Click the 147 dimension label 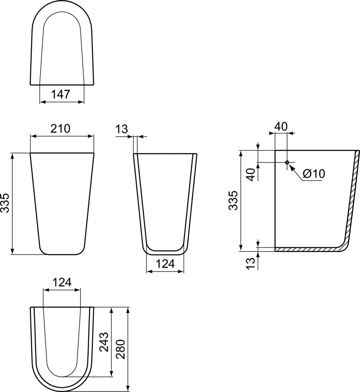click(x=62, y=94)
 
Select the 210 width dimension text click(x=62, y=129)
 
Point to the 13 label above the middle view click(x=121, y=129)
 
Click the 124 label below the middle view click(x=165, y=263)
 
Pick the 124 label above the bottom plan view click(x=62, y=283)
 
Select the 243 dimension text click(x=104, y=342)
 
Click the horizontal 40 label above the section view click(x=281, y=126)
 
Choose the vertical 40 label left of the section click(x=250, y=175)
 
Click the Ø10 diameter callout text click(x=314, y=174)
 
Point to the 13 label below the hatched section click(x=250, y=263)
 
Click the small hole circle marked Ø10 click(x=287, y=162)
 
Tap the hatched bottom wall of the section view click(x=306, y=250)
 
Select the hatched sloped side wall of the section click(x=352, y=203)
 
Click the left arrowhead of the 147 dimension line click(x=42, y=102)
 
